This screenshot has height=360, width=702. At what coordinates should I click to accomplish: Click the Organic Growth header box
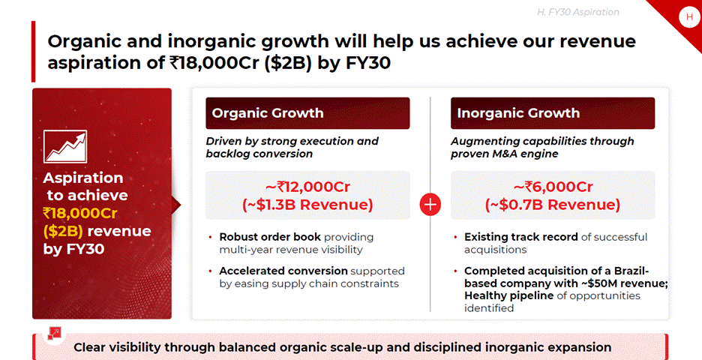pyautogui.click(x=307, y=113)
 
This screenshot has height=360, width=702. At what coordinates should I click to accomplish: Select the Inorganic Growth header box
pyautogui.click(x=553, y=113)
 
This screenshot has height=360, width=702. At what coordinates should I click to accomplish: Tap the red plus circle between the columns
pyautogui.click(x=430, y=205)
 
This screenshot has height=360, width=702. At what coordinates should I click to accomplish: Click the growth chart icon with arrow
pyautogui.click(x=65, y=146)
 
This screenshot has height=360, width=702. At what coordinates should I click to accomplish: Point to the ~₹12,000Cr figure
pyautogui.click(x=307, y=186)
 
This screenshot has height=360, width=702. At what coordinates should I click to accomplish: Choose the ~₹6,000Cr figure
pyautogui.click(x=553, y=186)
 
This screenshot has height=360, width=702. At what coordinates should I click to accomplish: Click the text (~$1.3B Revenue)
pyautogui.click(x=307, y=205)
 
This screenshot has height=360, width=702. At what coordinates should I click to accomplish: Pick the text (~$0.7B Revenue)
pyautogui.click(x=553, y=205)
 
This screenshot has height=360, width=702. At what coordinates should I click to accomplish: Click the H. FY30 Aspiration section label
pyautogui.click(x=578, y=12)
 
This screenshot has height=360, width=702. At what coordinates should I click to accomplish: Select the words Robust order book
pyautogui.click(x=270, y=237)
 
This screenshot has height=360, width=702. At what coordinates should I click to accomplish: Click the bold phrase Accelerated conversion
pyautogui.click(x=283, y=271)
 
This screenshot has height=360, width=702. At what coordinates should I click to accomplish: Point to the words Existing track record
pyautogui.click(x=521, y=237)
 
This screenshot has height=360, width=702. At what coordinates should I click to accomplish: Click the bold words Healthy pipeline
pyautogui.click(x=509, y=296)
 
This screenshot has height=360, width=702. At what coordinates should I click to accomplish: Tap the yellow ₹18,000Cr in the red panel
pyautogui.click(x=80, y=213)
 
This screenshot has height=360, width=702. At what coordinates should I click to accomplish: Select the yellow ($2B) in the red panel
pyautogui.click(x=63, y=231)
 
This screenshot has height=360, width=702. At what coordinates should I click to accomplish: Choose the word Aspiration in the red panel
pyautogui.click(x=82, y=178)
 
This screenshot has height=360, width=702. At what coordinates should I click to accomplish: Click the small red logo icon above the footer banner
pyautogui.click(x=55, y=334)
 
